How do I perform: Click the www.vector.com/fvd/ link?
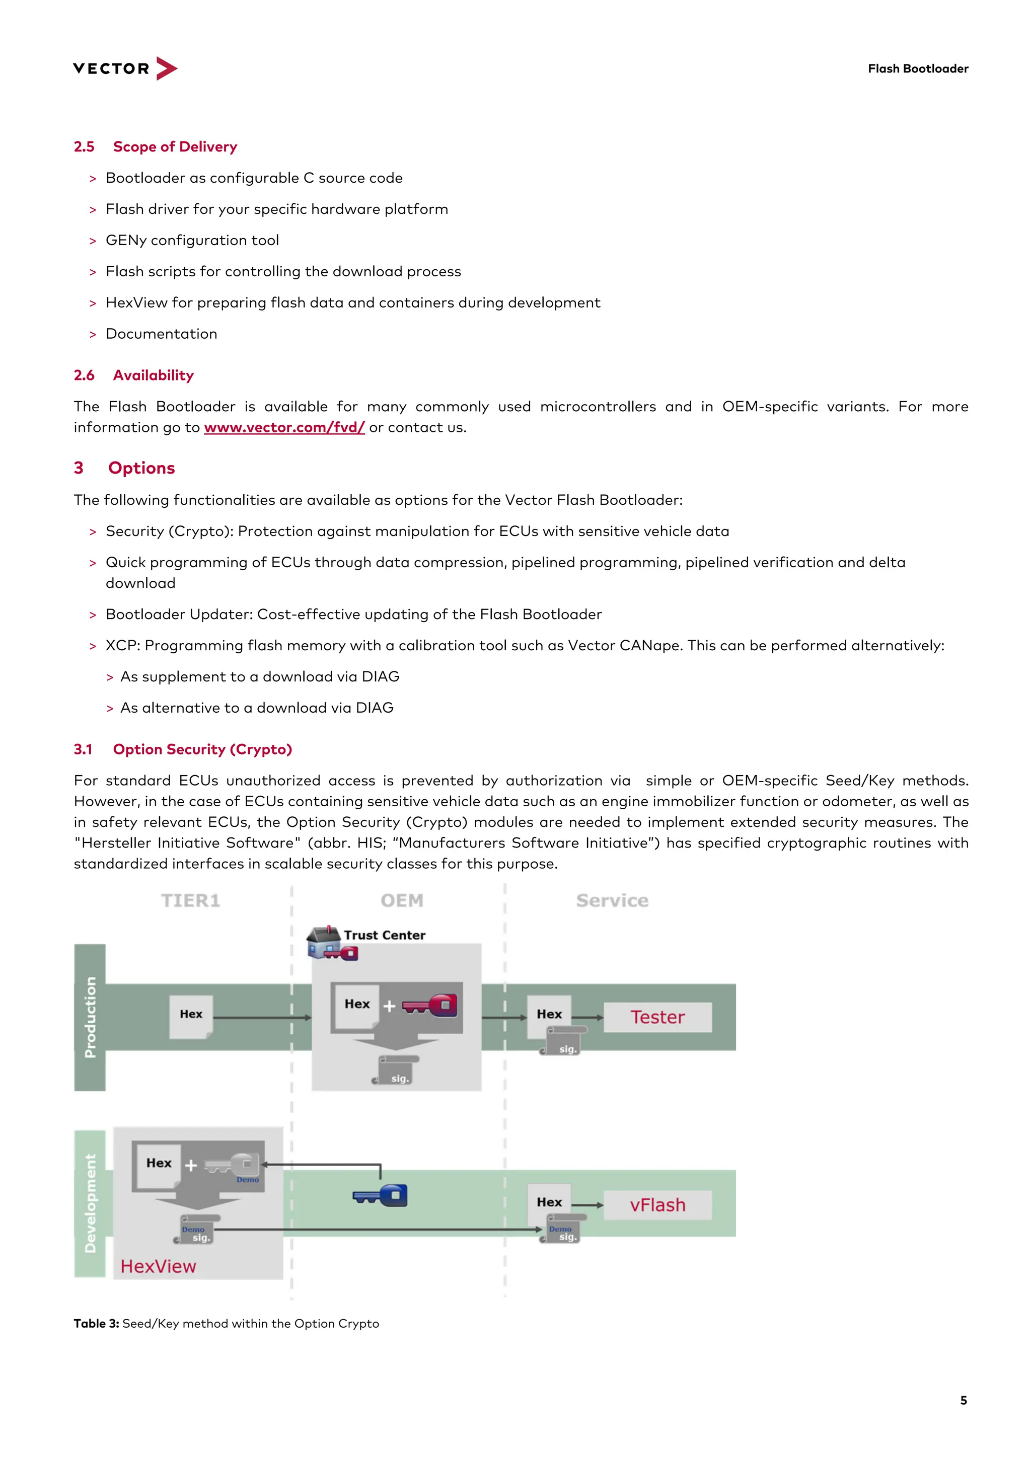coord(284,427)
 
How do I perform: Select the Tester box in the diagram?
coord(657,1017)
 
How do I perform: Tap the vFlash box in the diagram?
coord(657,1205)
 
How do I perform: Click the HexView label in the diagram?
coord(158,1266)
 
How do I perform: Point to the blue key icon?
coord(381,1196)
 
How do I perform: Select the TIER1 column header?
coord(191,900)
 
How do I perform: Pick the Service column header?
coord(612,900)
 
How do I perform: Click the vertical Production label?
coord(90,1017)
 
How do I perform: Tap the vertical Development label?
coord(90,1203)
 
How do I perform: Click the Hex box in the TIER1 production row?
coord(191,1014)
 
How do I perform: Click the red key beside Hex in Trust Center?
coord(430,1005)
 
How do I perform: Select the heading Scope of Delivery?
coord(175,146)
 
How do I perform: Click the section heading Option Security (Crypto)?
coord(202,749)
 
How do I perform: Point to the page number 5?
coord(963,1400)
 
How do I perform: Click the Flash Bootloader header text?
coord(917,68)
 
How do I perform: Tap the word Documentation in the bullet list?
coord(162,334)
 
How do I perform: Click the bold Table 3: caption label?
coord(97,1324)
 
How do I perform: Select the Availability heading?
coord(153,375)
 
